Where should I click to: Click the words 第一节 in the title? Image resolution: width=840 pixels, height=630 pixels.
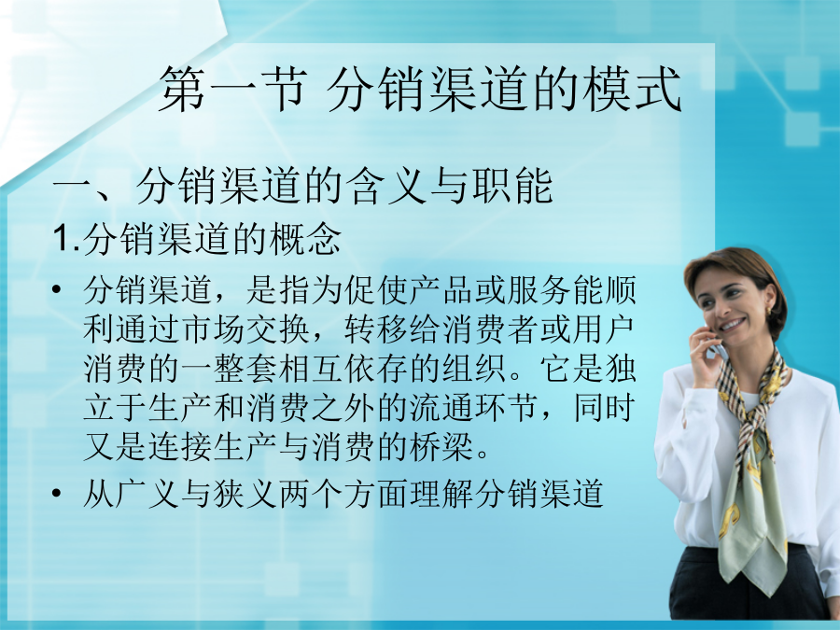tap(234, 89)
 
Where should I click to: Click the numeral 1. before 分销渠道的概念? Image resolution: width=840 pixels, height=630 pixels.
tap(66, 238)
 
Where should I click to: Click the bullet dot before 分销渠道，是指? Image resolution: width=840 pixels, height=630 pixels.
tap(57, 290)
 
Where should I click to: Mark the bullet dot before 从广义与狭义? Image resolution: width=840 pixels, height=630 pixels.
tap(57, 493)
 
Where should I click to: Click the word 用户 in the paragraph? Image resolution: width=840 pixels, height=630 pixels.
tap(604, 329)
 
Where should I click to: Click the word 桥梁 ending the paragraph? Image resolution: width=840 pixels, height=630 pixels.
tap(442, 446)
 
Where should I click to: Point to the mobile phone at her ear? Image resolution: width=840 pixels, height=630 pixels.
tap(718, 348)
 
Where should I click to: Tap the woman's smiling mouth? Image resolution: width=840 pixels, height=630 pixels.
tap(732, 325)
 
